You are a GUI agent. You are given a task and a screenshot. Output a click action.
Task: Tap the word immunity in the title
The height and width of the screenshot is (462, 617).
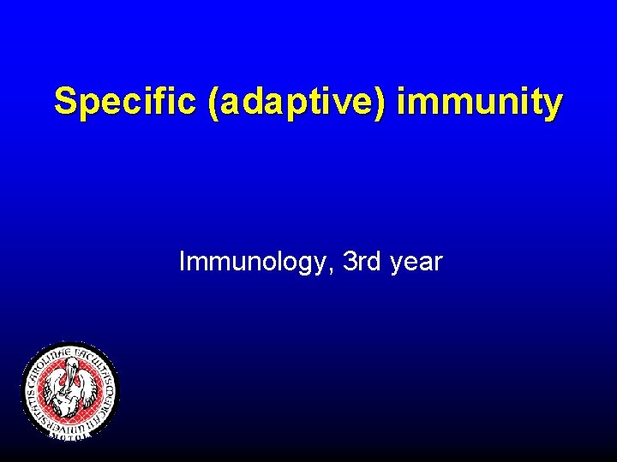coord(481,102)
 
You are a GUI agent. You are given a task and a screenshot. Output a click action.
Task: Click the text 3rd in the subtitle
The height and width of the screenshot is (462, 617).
coord(362,261)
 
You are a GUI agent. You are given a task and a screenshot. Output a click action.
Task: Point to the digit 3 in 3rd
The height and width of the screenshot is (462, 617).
coord(349,261)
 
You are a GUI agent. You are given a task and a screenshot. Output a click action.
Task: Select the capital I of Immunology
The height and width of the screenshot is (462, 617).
coord(182,261)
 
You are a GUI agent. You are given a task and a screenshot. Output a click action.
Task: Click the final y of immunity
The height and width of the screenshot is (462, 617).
coord(554,105)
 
